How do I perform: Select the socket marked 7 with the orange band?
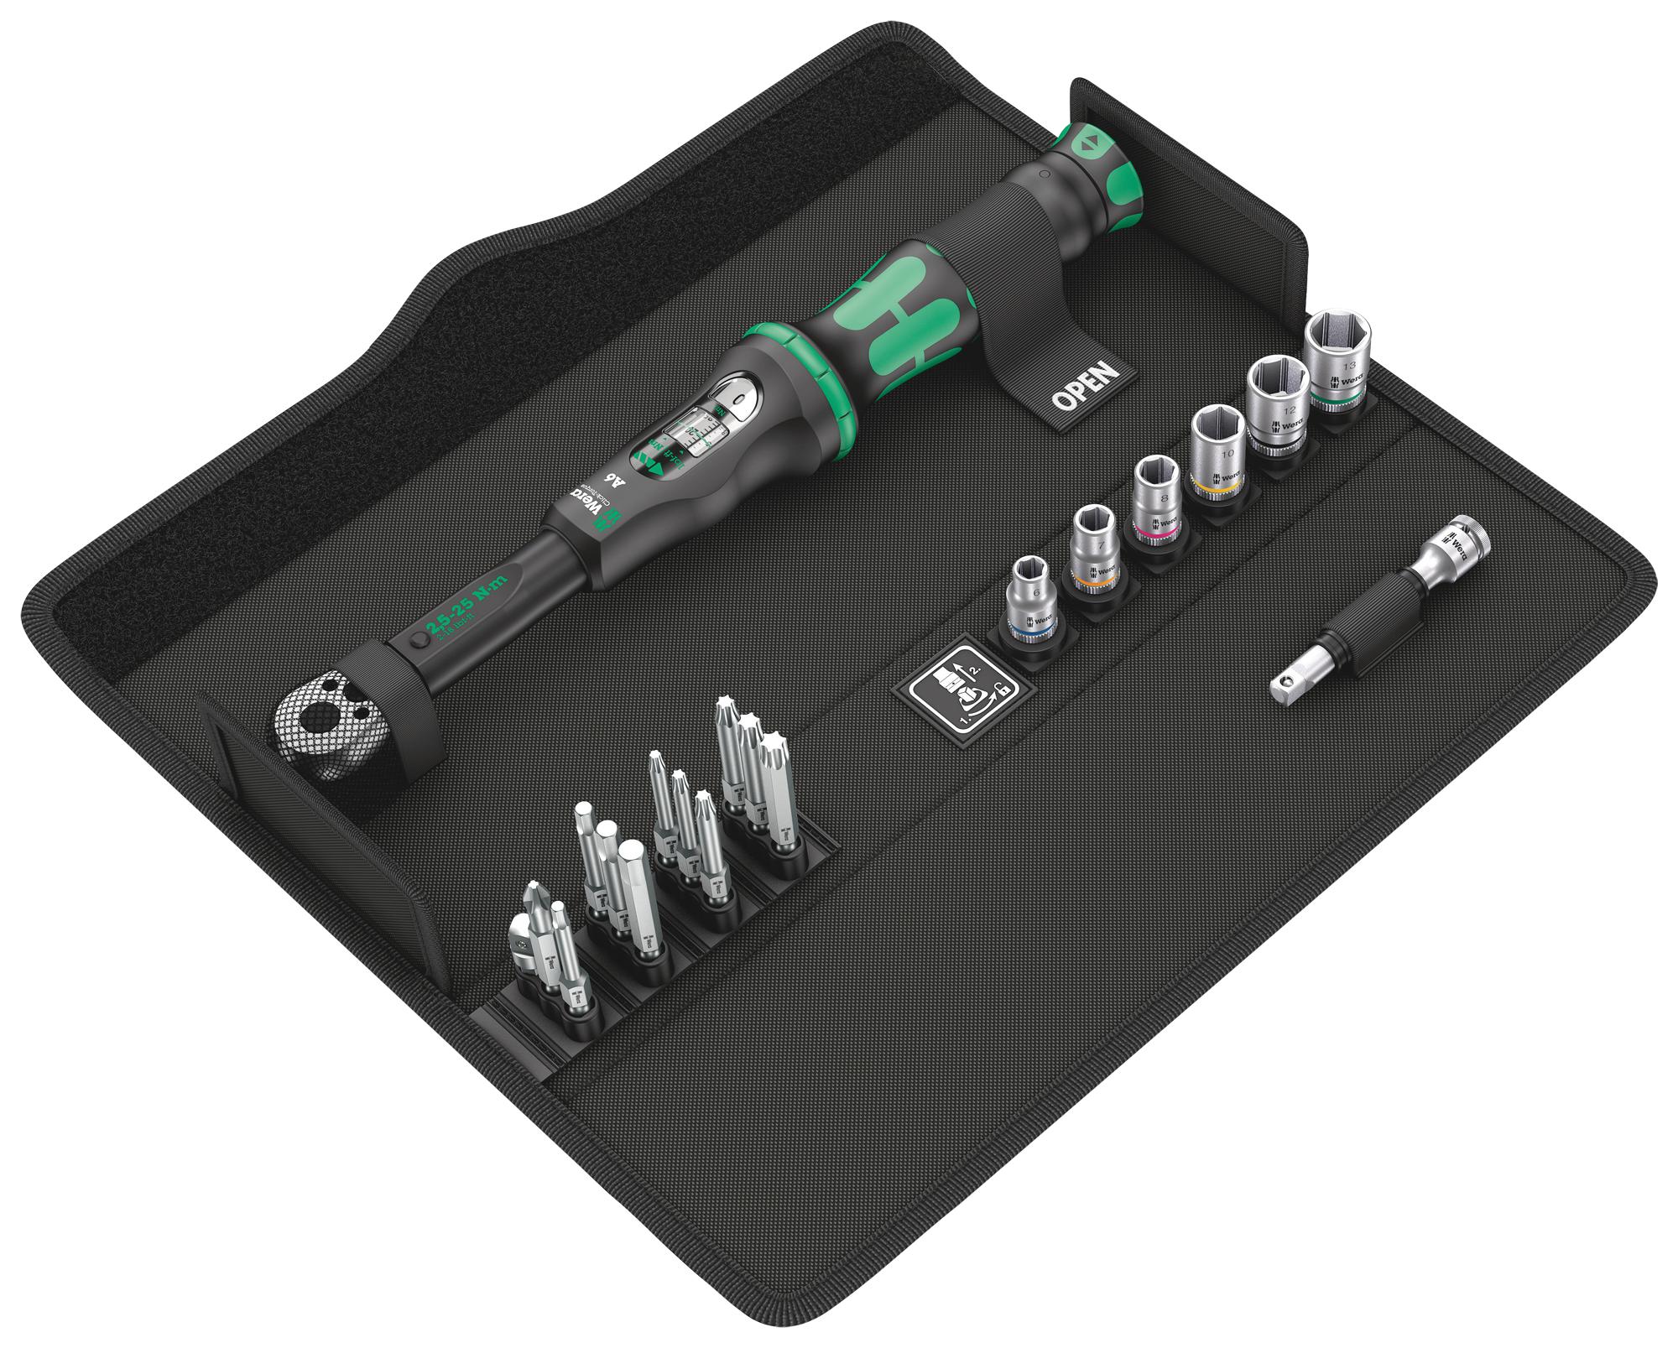click(x=1093, y=549)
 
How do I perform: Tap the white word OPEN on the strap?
click(x=1087, y=388)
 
